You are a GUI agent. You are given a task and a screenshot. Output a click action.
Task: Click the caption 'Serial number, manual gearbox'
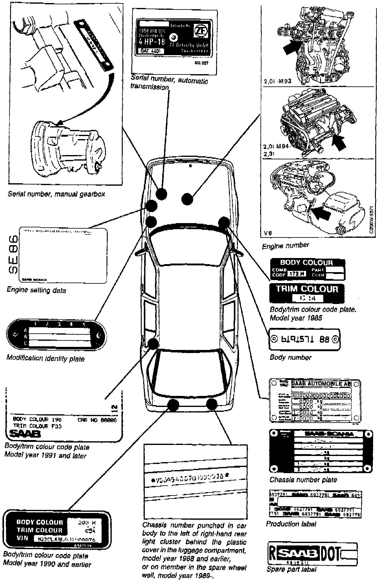click(56, 194)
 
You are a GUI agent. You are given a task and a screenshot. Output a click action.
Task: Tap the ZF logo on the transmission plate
click(200, 31)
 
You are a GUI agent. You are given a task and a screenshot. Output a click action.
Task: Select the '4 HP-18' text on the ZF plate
click(152, 42)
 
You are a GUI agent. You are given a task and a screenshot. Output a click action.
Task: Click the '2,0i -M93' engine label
click(277, 82)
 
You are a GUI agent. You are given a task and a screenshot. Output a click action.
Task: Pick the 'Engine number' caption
click(285, 245)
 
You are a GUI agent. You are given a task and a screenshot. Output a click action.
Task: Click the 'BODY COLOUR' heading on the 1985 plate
click(306, 263)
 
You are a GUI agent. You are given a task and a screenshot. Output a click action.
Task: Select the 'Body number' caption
click(290, 357)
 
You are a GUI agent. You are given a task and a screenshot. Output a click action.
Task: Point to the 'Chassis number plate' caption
click(303, 480)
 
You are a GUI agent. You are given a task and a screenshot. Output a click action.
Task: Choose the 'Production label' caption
click(291, 524)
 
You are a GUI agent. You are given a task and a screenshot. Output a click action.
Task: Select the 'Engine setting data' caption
click(36, 290)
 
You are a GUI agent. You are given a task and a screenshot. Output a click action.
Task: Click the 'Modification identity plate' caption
click(45, 358)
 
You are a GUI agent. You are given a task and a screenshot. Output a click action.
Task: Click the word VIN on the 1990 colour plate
click(22, 538)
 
